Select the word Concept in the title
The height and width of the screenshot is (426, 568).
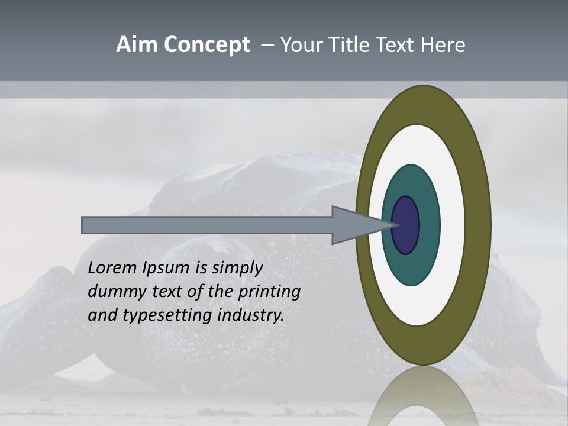point(206,46)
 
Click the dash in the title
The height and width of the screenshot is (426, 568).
point(267,46)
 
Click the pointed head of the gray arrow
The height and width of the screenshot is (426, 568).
point(361,225)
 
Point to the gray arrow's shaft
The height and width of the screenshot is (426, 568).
point(207,225)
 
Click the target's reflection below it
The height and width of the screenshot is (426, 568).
point(423,396)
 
